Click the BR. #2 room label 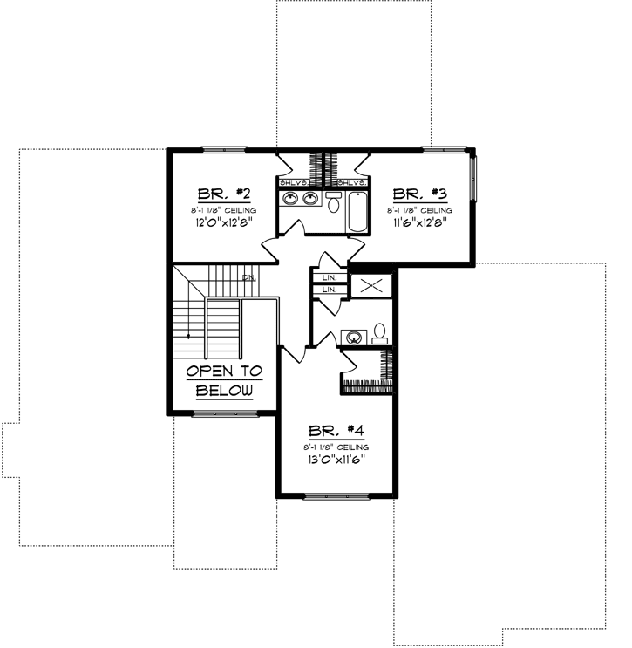(212, 194)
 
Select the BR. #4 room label (335, 430)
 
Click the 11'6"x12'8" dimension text (420, 222)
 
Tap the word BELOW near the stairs (225, 390)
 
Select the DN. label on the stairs (248, 277)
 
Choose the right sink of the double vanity (309, 199)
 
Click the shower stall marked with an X (366, 284)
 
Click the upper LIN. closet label (330, 277)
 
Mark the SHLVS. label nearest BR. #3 (350, 182)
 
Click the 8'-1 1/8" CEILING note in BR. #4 (335, 447)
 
